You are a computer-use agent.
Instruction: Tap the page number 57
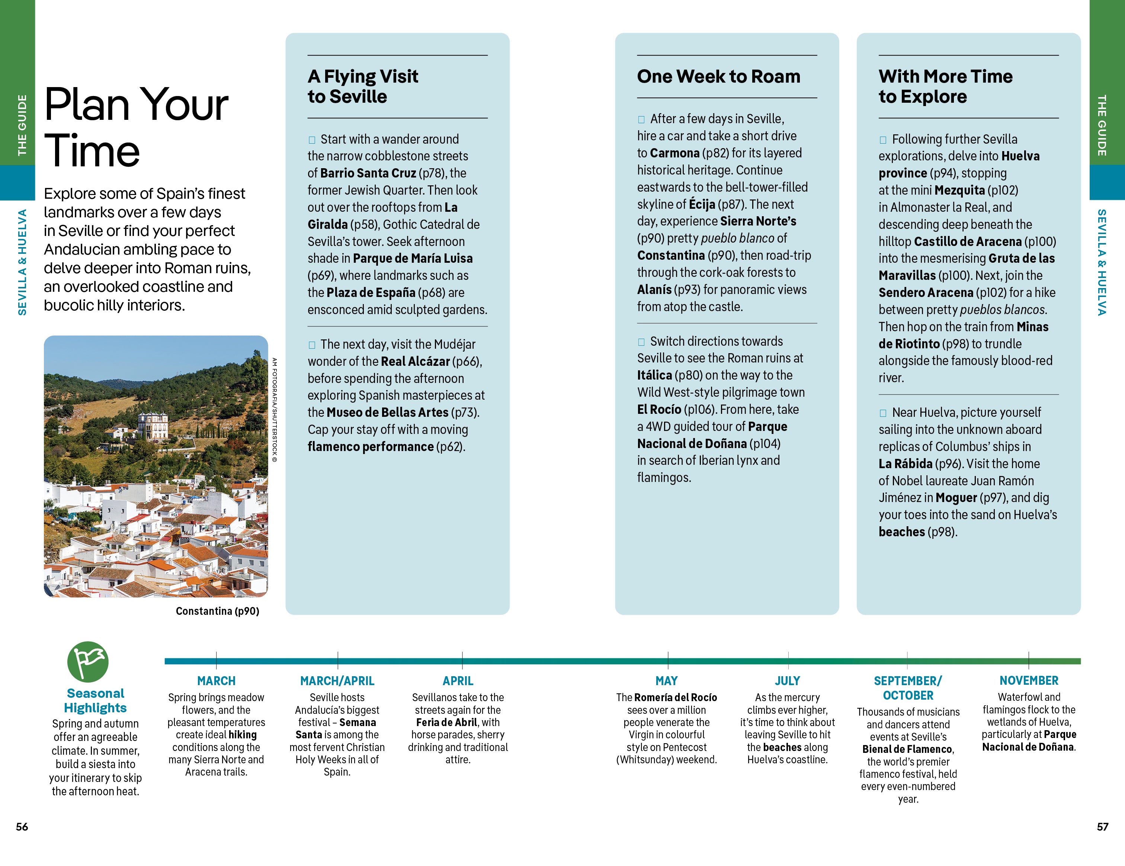click(x=1102, y=826)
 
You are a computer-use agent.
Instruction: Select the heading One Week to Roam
click(x=719, y=76)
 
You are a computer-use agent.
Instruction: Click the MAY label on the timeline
click(x=667, y=681)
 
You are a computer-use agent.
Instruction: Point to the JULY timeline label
click(x=787, y=681)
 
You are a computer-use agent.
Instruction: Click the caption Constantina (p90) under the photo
click(x=217, y=611)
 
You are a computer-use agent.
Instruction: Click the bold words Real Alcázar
click(x=415, y=361)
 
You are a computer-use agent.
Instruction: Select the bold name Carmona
click(x=674, y=153)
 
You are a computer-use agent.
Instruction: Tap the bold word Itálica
click(x=654, y=375)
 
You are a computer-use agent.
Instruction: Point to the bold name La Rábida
click(x=905, y=464)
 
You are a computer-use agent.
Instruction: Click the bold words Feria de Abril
click(x=446, y=722)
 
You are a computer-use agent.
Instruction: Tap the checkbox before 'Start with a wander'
click(x=312, y=140)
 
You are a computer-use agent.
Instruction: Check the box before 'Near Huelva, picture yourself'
click(x=883, y=413)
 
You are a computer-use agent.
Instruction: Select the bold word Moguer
click(x=956, y=498)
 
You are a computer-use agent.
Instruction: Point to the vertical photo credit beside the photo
click(x=275, y=410)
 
